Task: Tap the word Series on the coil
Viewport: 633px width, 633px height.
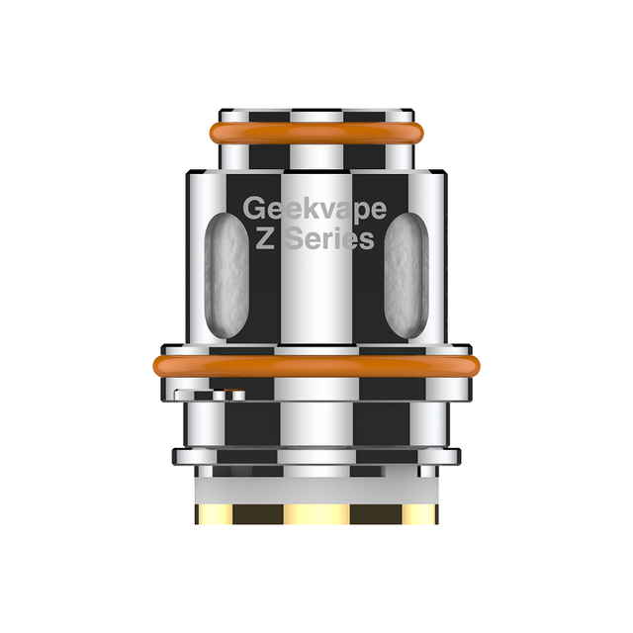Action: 328,239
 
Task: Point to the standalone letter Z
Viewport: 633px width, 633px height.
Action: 266,239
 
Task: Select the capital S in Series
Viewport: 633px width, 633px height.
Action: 293,239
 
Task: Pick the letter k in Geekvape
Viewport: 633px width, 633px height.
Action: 305,210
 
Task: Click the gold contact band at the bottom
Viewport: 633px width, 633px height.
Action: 316,514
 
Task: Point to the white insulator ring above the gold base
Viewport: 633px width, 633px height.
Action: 316,485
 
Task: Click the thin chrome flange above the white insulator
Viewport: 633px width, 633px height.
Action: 316,456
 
